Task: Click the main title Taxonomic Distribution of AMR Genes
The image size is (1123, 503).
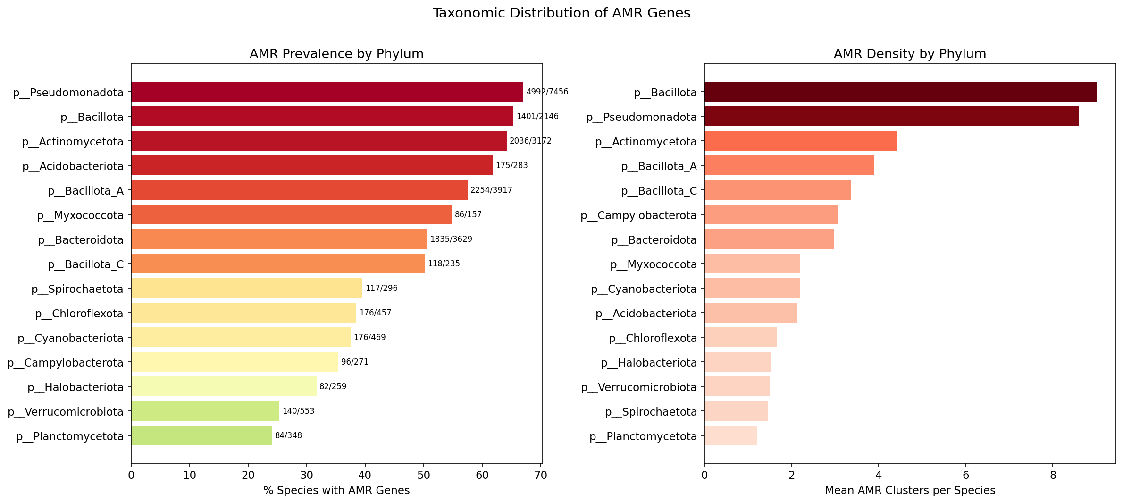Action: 561,13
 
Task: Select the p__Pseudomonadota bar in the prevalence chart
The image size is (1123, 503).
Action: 327,92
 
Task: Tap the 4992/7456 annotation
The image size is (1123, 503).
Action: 547,92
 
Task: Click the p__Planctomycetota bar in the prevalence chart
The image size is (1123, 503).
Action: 201,435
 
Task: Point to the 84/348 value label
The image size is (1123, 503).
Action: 288,435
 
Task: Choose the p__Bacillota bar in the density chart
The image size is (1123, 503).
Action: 900,92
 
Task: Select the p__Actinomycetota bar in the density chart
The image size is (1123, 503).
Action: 800,141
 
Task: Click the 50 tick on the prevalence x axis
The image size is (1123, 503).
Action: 423,475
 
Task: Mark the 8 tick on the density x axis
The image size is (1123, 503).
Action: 1053,475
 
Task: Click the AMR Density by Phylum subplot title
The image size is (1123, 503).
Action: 909,54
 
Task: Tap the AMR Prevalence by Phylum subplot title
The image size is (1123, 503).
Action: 336,54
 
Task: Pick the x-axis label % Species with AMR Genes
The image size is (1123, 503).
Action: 336,490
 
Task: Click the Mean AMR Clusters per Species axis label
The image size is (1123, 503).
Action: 909,490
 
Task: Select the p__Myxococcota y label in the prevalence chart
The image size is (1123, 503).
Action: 80,215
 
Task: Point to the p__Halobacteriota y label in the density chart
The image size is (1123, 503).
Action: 648,363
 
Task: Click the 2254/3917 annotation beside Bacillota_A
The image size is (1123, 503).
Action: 491,190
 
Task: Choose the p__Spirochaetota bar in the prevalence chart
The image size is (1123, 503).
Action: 246,288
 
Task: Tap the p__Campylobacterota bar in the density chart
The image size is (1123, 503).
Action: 771,214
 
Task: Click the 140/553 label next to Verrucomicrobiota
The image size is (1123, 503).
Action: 298,411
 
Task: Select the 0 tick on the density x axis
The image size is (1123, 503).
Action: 704,475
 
